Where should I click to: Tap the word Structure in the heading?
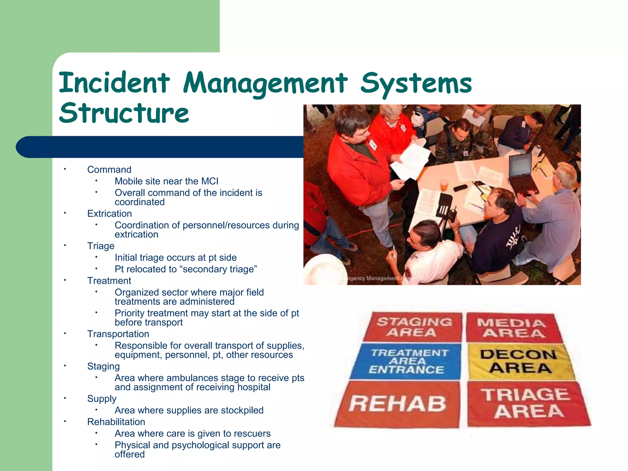tap(124, 113)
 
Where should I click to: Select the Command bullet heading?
tap(109, 170)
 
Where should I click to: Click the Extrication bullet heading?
tap(109, 213)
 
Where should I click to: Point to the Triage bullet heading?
tap(101, 246)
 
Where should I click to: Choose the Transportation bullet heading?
tap(118, 334)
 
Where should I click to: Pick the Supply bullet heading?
tap(101, 399)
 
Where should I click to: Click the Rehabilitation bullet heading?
tap(116, 422)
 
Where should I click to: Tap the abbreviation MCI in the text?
tap(210, 181)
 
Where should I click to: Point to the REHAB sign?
tap(398, 404)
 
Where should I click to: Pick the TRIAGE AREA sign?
tap(528, 404)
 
